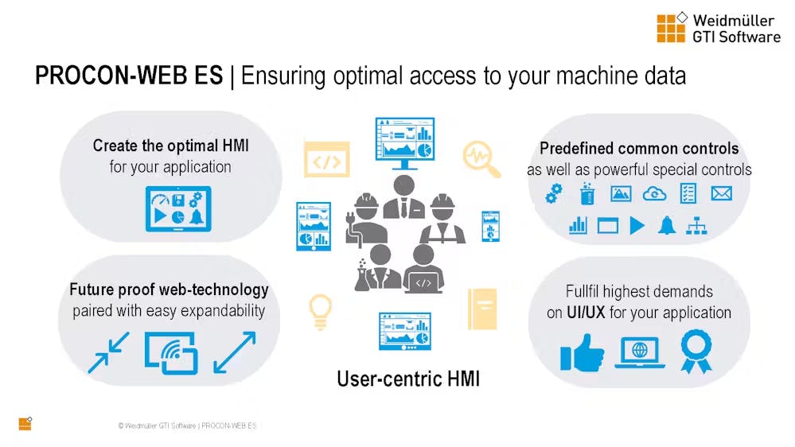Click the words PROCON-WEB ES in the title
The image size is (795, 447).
(x=129, y=76)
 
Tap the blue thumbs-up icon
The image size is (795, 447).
(x=582, y=352)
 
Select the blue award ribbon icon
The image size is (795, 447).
(x=696, y=352)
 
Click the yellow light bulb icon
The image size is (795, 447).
(x=320, y=313)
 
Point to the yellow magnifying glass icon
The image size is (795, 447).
(x=481, y=158)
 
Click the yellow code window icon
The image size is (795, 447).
(x=326, y=159)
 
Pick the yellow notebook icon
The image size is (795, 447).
(x=482, y=309)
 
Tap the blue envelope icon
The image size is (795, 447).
(x=721, y=193)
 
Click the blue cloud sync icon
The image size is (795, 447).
(x=655, y=193)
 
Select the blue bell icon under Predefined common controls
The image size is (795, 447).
(x=667, y=225)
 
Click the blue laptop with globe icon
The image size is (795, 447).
(x=640, y=352)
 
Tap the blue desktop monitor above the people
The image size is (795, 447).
(x=404, y=143)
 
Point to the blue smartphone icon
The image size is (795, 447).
(x=490, y=226)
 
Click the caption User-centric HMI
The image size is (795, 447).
(x=408, y=379)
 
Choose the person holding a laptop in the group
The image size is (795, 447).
(x=423, y=269)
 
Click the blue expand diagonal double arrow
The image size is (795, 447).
(x=235, y=352)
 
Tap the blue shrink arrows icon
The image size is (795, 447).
(x=108, y=352)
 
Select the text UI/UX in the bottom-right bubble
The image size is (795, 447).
(x=586, y=313)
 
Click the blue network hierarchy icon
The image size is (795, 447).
(x=696, y=226)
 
